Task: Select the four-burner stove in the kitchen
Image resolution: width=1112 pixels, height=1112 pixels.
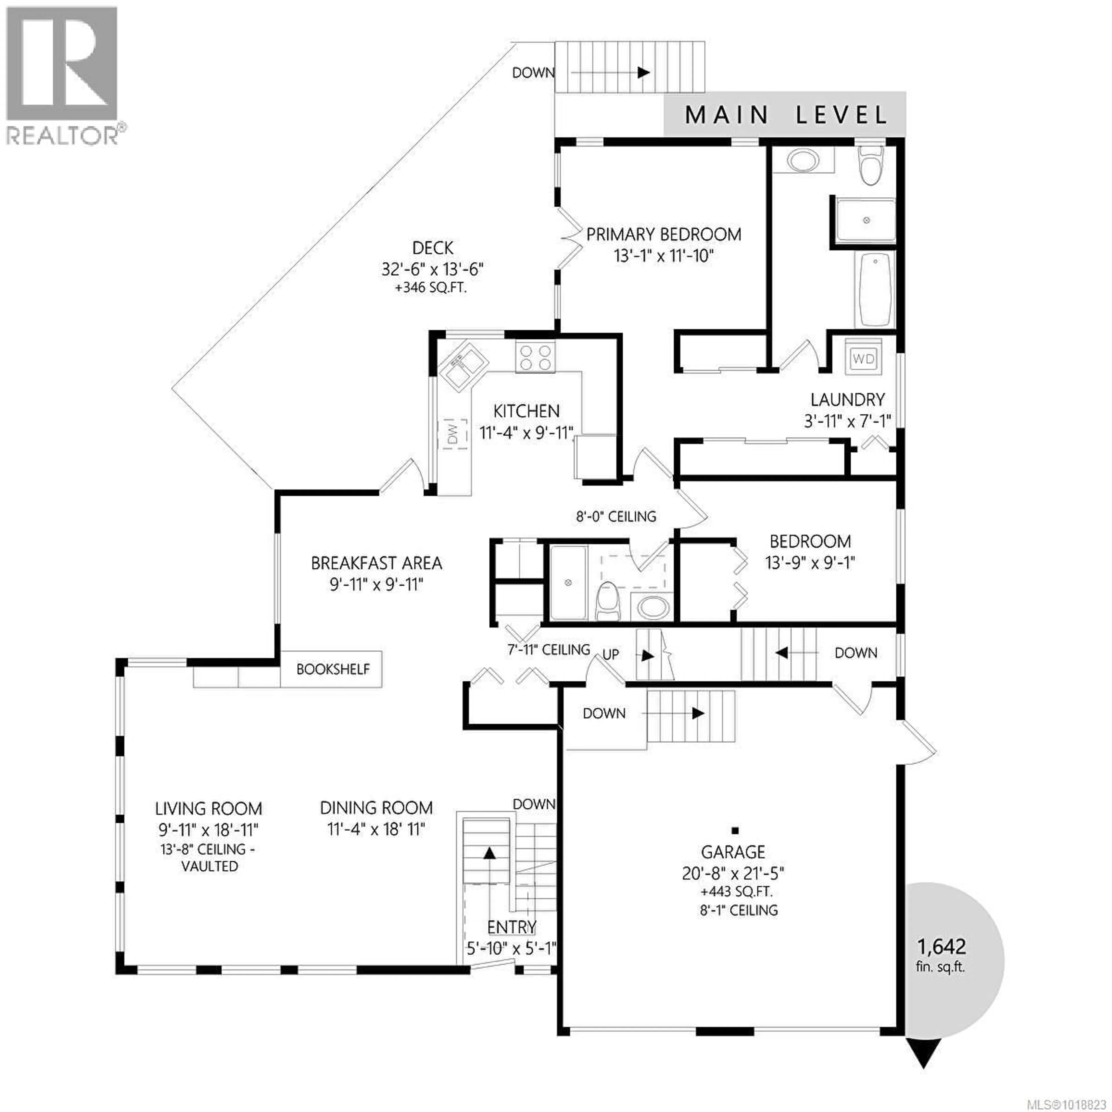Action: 535,357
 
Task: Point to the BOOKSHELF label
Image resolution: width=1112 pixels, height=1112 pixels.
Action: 333,669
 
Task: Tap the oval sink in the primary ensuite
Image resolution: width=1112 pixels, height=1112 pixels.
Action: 802,161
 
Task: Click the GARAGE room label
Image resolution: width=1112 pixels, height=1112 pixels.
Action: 733,852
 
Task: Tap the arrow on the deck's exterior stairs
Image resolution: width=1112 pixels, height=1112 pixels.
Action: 643,72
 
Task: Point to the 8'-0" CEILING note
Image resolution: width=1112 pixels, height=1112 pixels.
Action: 616,516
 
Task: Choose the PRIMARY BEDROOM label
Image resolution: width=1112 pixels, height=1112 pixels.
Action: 664,234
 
